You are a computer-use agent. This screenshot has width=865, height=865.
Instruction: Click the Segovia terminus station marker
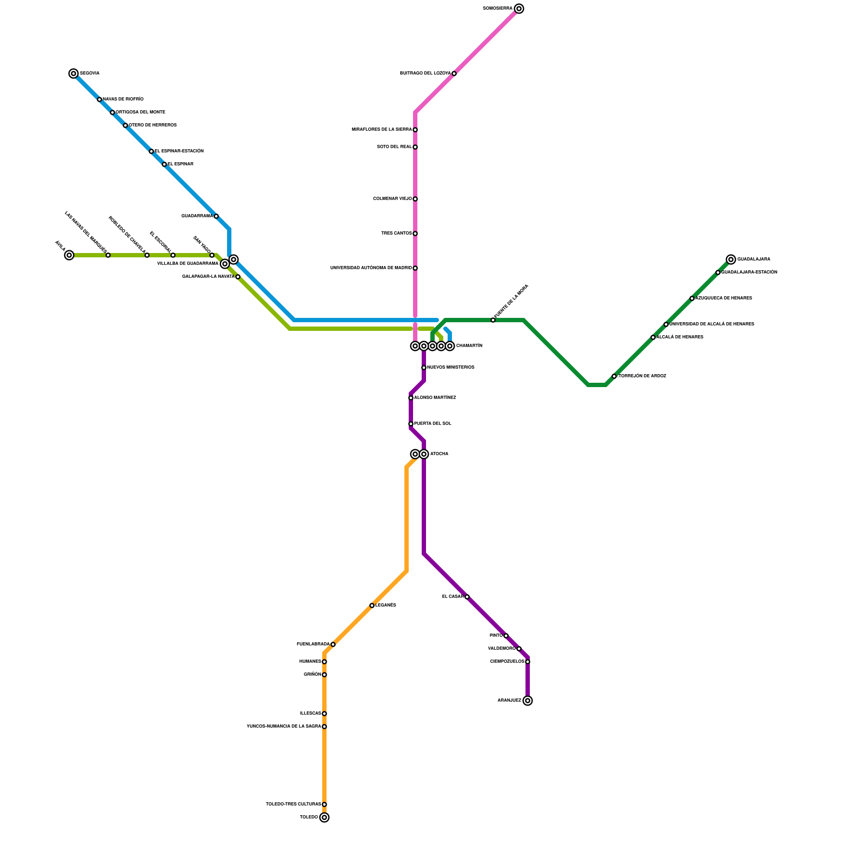74,74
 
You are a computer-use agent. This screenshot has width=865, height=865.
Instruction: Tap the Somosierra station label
497,9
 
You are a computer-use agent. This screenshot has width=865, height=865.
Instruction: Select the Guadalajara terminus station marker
731,259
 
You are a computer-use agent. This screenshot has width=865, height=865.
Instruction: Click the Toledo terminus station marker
324,817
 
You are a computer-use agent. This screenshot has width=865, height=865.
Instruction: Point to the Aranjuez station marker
528,701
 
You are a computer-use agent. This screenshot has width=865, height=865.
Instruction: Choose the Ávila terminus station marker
69,255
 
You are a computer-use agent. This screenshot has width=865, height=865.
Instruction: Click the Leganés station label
386,605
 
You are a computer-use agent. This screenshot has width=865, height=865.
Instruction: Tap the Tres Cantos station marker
415,234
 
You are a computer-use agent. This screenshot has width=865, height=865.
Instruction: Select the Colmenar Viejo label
392,199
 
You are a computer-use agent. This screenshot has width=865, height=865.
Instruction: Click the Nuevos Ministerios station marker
424,368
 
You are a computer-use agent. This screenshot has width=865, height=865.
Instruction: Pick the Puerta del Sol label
432,424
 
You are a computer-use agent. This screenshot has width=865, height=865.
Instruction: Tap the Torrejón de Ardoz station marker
614,376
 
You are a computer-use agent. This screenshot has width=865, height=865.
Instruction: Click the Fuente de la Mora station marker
493,320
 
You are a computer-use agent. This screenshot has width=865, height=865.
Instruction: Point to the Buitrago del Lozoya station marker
454,74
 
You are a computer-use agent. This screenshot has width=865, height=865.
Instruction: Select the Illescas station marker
324,714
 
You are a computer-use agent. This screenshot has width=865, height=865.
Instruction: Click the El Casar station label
453,597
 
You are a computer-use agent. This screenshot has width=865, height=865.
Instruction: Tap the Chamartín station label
469,346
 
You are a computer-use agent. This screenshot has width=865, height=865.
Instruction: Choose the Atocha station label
439,454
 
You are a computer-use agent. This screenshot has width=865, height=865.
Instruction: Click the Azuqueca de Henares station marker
692,298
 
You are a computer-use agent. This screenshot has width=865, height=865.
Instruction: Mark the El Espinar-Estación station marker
151,151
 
